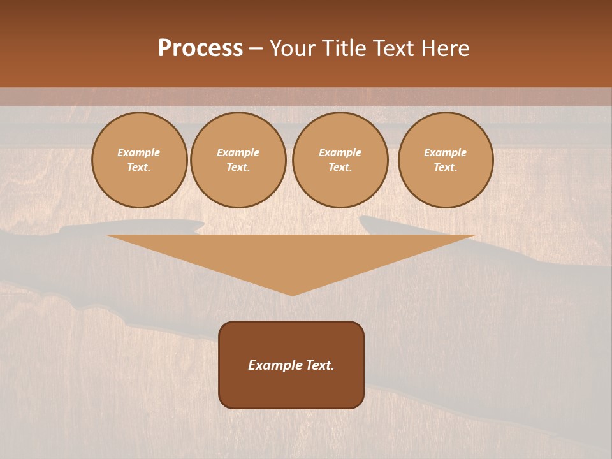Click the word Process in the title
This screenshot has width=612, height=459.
pos(200,48)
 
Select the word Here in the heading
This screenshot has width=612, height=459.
pos(444,48)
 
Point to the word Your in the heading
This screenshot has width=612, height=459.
pos(293,48)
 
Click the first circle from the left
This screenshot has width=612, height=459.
pos(139,160)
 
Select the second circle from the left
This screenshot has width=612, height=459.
pos(238,160)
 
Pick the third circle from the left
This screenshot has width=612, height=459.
pos(340,160)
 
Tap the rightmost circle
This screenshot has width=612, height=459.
pos(446,160)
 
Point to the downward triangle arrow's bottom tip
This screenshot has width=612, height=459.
pos(292,294)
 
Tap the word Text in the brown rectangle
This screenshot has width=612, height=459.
pos(321,365)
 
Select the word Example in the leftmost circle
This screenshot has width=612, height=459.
pos(139,152)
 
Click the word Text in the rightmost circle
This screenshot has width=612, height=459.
pos(446,168)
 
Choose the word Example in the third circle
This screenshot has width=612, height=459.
pos(340,152)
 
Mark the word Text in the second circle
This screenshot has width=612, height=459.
pos(238,168)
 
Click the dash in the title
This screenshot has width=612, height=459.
pos(256,48)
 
